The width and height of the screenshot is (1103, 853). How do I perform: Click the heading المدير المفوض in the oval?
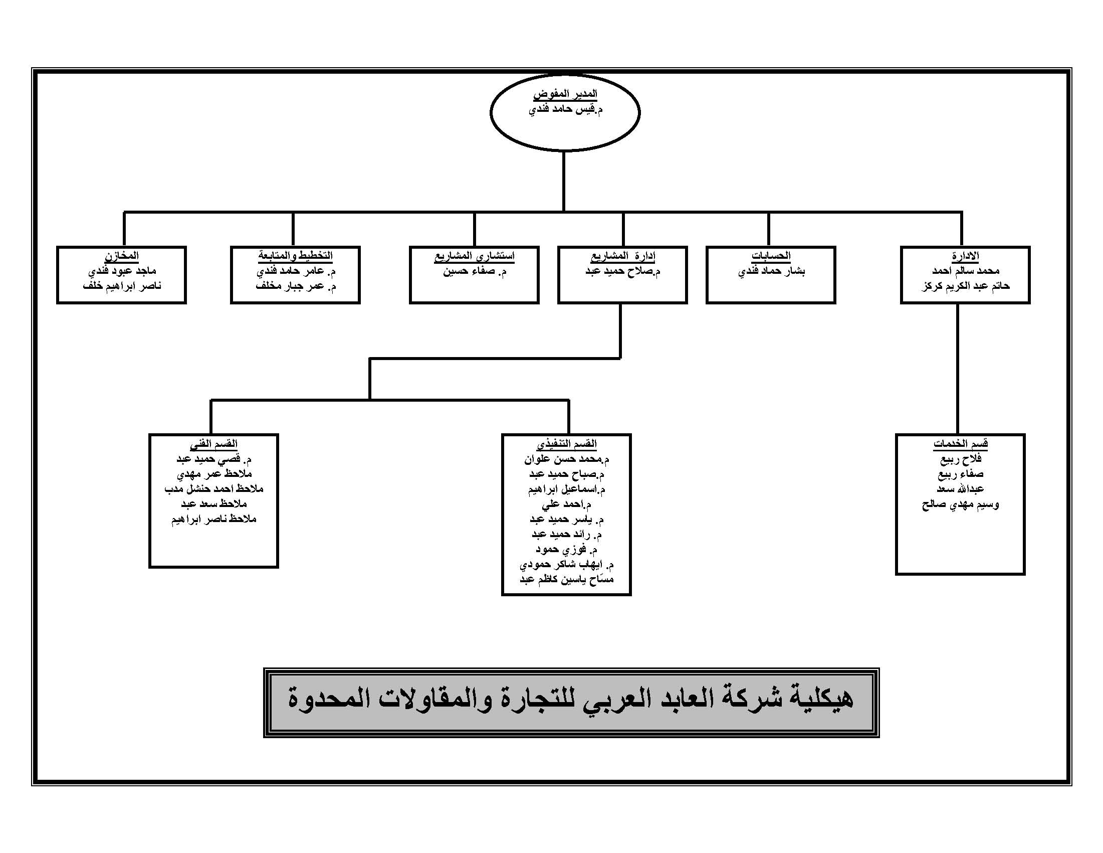tap(565, 94)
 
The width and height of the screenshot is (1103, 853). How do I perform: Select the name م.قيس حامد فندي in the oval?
tap(565, 109)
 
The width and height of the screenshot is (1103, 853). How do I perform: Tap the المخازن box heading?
tap(122, 256)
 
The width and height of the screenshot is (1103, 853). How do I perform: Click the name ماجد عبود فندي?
tap(122, 271)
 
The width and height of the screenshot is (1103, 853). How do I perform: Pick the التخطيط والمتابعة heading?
tap(296, 256)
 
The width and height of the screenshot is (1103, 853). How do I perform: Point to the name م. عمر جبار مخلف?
tap(296, 286)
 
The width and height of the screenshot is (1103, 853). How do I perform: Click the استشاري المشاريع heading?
tap(474, 256)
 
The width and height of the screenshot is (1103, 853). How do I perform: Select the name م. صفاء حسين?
tap(474, 271)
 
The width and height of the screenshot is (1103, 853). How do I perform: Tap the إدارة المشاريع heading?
tap(623, 256)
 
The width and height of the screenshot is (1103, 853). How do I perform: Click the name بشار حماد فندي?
tap(771, 271)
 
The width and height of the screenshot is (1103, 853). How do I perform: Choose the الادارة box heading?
tap(965, 256)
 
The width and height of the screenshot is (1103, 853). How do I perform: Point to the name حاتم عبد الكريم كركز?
tap(965, 286)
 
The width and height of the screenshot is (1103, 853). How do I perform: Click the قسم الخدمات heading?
tap(960, 444)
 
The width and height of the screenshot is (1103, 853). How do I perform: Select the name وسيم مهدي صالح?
tap(960, 504)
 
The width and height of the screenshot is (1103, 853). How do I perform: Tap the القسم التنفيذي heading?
tap(567, 444)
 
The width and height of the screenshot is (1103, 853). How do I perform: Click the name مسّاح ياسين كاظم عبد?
tap(567, 579)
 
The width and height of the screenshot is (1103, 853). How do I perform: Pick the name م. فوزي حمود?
tap(567, 549)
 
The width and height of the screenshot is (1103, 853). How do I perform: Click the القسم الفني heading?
tap(213, 444)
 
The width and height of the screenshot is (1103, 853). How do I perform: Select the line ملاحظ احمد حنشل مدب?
tap(213, 489)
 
